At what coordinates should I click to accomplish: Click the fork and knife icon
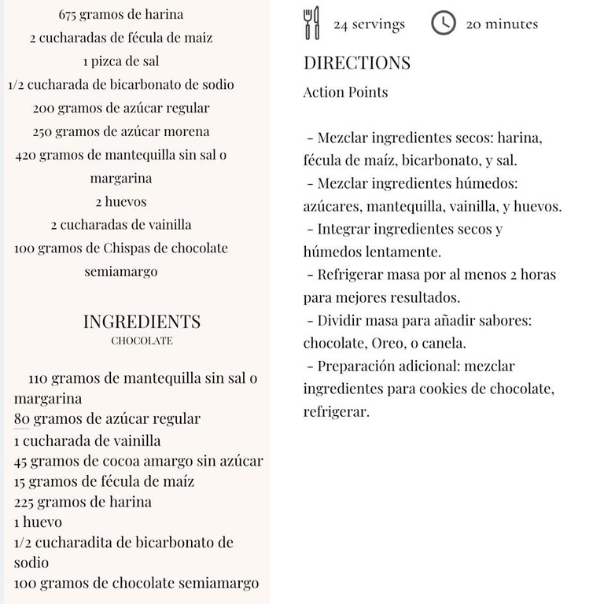[312, 23]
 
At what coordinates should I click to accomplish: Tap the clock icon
[444, 23]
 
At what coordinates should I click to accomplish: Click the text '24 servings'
[369, 24]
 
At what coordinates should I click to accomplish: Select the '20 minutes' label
[502, 24]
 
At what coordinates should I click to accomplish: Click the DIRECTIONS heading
[357, 63]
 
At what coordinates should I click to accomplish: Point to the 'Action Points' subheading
[345, 92]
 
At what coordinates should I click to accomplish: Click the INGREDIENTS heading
[142, 321]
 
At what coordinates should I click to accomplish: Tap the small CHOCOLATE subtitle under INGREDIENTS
[142, 341]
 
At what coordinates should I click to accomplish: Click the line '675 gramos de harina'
[121, 14]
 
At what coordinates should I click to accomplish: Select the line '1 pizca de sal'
[121, 61]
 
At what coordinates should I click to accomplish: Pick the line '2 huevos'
[121, 201]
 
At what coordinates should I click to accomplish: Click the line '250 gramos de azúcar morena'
[121, 131]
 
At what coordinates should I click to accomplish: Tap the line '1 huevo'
[38, 522]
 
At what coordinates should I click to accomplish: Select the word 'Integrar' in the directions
[344, 229]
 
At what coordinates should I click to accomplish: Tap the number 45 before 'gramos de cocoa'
[22, 462]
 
